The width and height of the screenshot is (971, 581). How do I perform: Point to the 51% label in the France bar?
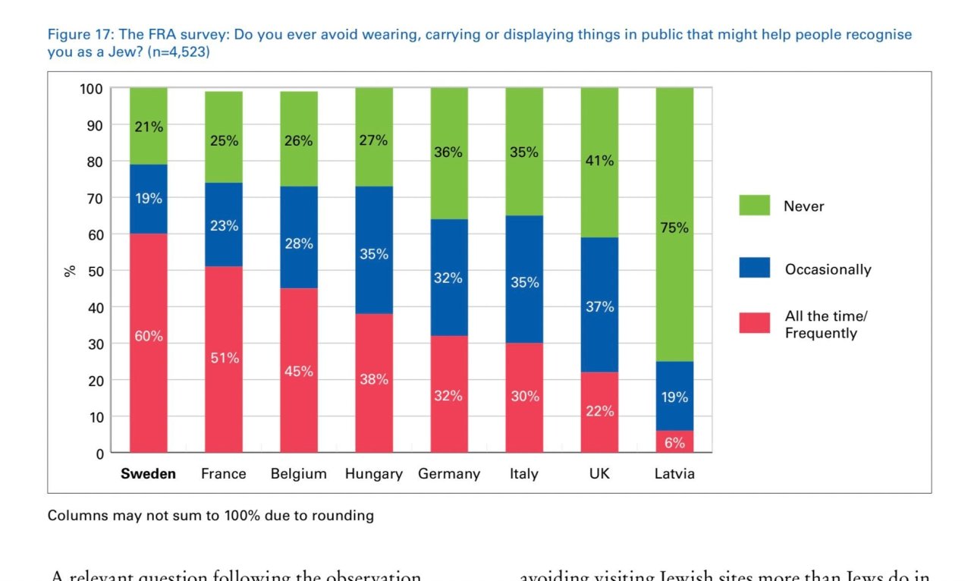coord(225,358)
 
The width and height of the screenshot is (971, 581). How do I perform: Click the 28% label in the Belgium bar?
coord(300,243)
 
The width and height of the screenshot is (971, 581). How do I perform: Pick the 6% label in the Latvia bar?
coord(674,443)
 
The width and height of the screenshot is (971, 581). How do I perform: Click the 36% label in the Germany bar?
coord(449,152)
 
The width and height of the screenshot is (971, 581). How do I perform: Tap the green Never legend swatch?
coord(754,206)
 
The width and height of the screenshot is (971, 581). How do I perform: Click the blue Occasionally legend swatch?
coord(754,268)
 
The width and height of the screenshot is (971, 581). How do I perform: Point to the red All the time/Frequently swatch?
coord(754,323)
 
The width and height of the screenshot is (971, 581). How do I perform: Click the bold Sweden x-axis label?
coord(148,473)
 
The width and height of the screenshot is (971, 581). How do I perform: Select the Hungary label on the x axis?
coord(373,473)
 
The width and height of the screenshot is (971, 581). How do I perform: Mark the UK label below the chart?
coord(599,473)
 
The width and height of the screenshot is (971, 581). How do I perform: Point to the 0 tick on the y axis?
coord(99,454)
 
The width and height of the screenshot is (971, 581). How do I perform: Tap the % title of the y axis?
coord(71,271)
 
